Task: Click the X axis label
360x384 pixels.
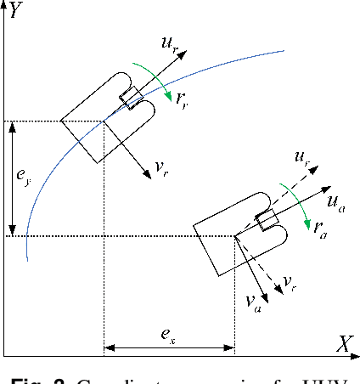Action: point(344,343)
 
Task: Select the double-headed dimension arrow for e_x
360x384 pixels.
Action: point(168,346)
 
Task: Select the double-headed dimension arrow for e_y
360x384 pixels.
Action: point(12,178)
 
